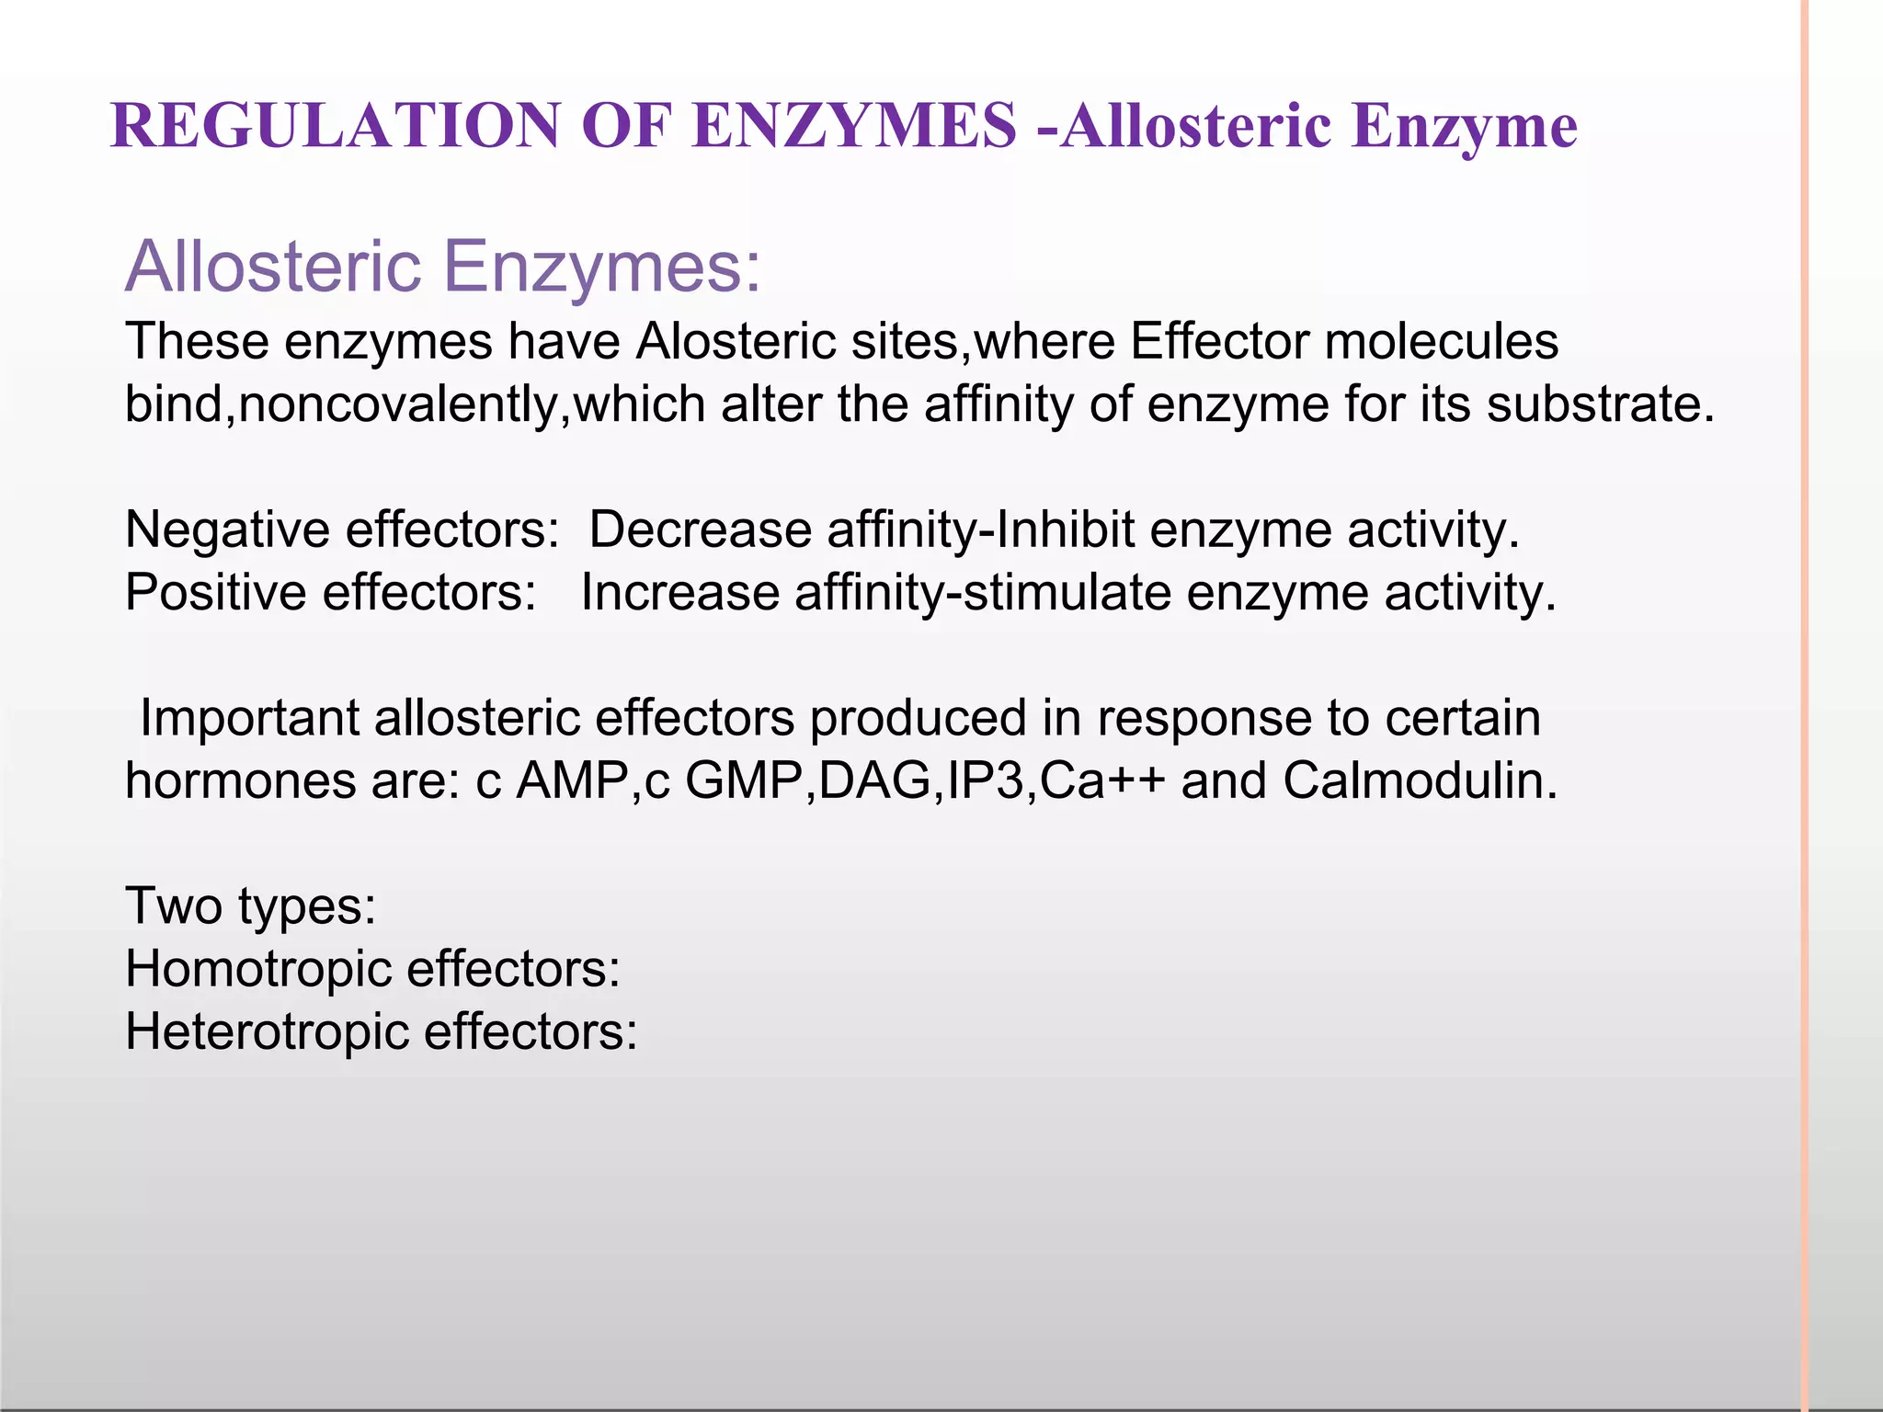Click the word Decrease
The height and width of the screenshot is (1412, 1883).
[x=700, y=530]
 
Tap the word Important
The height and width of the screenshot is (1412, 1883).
[x=249, y=718]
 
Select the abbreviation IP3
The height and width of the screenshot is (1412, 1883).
[x=985, y=781]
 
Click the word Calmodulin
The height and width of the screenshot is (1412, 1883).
[x=1420, y=781]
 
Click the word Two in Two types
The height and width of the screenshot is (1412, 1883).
[x=174, y=906]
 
